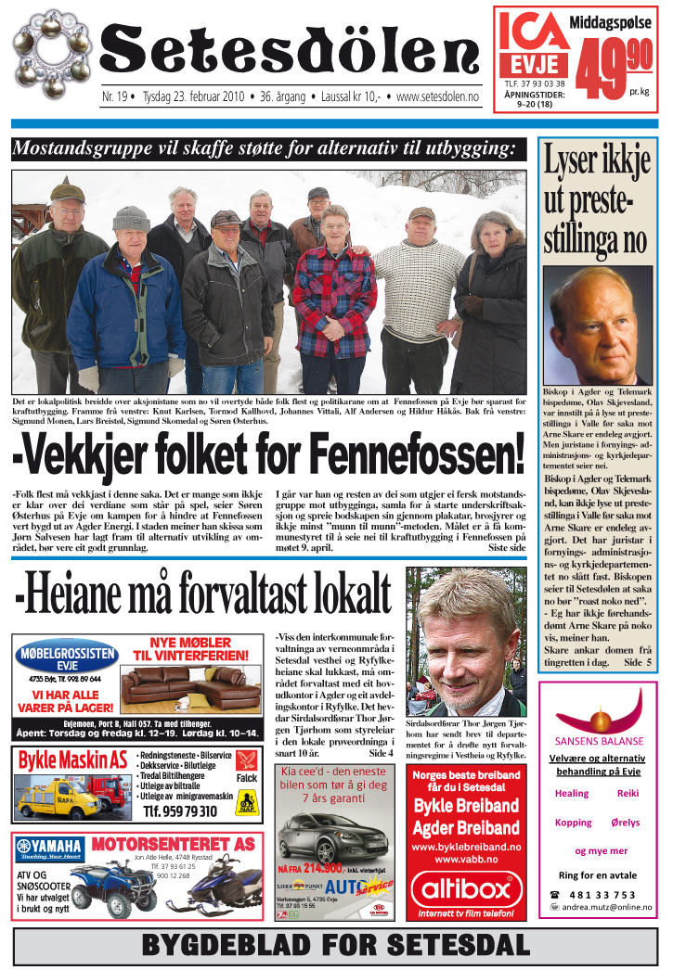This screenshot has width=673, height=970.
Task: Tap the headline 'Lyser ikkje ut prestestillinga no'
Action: click(x=596, y=199)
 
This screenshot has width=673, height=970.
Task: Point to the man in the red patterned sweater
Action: click(x=335, y=297)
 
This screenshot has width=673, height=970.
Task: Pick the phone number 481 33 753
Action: click(x=612, y=893)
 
